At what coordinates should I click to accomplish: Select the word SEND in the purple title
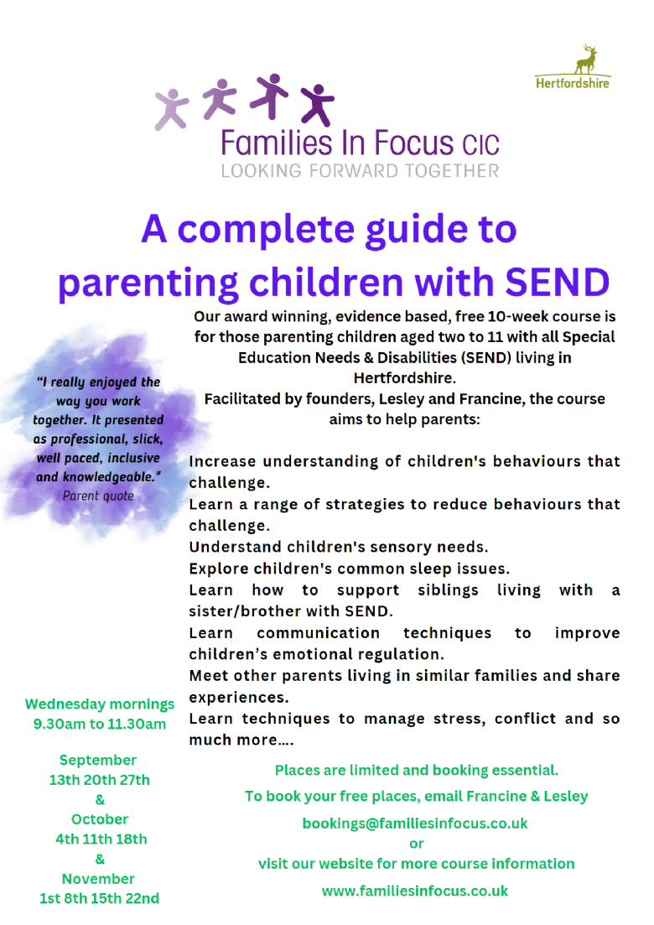555,283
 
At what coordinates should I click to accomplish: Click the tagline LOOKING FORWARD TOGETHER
360,171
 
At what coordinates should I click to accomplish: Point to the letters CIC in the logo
480,146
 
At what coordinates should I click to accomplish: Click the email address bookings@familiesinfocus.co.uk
415,824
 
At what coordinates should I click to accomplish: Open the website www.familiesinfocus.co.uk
415,891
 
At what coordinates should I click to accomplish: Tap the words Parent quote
98,496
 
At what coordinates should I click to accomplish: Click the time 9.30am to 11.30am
100,724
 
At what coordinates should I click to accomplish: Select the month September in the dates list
98,760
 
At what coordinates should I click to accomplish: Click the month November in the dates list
98,879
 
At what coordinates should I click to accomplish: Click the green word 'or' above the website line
417,844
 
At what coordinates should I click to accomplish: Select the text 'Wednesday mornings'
100,704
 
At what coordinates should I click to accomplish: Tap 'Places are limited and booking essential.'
417,770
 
